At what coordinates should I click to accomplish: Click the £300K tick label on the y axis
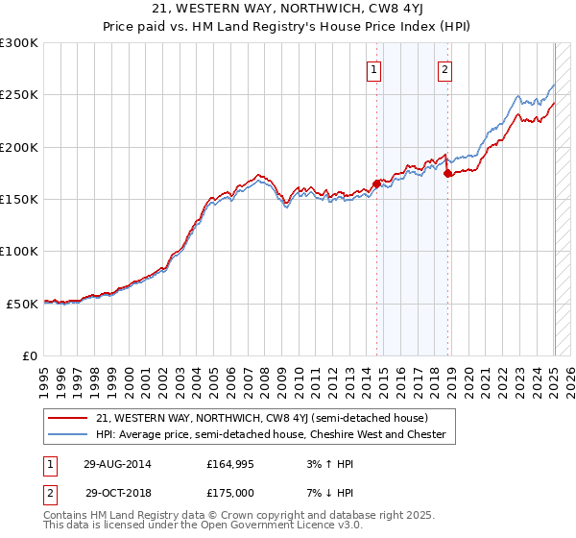[x=19, y=43]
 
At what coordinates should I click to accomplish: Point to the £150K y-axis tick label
[x=19, y=200]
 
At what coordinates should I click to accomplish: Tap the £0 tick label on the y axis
[x=29, y=355]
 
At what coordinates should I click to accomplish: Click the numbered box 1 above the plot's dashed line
[x=373, y=69]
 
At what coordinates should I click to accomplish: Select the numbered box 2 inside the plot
[x=446, y=69]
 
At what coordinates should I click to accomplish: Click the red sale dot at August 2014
[x=376, y=183]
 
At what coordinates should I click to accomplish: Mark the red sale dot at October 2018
[x=447, y=173]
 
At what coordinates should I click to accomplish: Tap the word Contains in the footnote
[x=67, y=516]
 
